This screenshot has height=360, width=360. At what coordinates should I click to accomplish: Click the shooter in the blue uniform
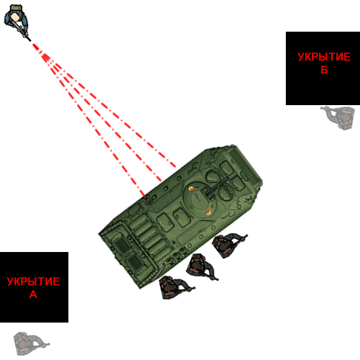(x=17, y=21)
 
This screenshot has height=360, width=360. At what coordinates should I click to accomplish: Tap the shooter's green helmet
(x=16, y=8)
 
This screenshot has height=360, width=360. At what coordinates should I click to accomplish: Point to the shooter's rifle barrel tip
(x=30, y=40)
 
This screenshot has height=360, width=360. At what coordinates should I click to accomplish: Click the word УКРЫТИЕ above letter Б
(x=324, y=57)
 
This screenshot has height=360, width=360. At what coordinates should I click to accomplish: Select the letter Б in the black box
(x=324, y=70)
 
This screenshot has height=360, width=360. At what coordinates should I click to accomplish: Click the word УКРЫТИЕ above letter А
(x=33, y=282)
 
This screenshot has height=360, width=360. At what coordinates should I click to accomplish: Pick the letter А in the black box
(x=33, y=294)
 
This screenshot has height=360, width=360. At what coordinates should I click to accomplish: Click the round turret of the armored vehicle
(x=199, y=198)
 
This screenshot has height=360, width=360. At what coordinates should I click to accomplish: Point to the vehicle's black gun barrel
(x=218, y=187)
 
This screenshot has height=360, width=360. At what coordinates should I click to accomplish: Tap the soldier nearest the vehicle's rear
(x=175, y=287)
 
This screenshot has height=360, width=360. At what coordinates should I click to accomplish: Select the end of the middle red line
(x=161, y=181)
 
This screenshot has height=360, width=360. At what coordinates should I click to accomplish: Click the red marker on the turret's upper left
(x=191, y=189)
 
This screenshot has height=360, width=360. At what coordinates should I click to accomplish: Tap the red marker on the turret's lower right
(x=208, y=212)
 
